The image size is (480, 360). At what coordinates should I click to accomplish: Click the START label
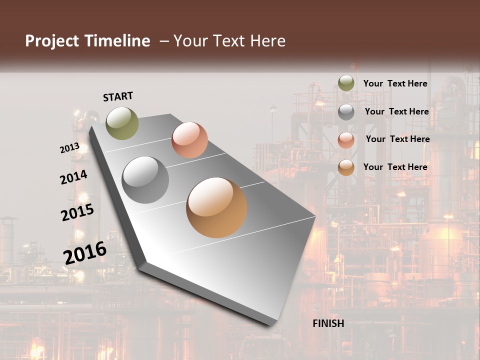point(118,96)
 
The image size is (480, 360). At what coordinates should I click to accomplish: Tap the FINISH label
point(328,323)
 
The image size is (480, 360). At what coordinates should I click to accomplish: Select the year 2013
point(69,148)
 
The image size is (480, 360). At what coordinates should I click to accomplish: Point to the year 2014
point(73,177)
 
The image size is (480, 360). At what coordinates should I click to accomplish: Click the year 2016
point(85,253)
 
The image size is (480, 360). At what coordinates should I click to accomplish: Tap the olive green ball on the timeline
point(122,123)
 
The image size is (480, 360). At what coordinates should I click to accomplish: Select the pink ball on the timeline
point(189,140)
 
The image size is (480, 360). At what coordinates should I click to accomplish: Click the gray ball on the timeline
point(145,180)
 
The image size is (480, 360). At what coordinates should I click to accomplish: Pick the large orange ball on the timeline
point(216,207)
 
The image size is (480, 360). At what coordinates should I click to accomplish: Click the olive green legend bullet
point(346,83)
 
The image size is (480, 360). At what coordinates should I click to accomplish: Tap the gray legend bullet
point(346,112)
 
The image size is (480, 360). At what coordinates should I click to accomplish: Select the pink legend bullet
point(346,139)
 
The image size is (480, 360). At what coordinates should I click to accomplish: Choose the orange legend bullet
point(346,167)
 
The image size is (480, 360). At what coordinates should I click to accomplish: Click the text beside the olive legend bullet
point(395,83)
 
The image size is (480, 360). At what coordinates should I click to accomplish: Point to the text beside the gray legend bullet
point(396,111)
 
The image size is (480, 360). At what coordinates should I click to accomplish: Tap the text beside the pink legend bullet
point(397,139)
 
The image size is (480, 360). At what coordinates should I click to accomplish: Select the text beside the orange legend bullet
point(395,167)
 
